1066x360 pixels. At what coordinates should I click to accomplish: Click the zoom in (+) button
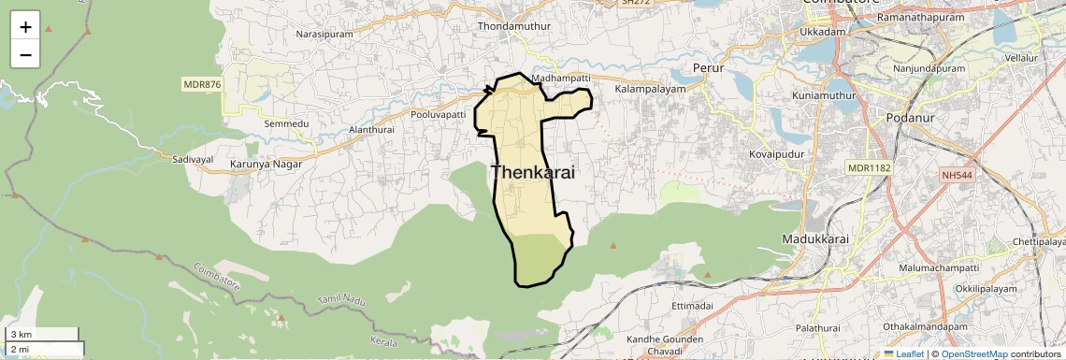(25, 27)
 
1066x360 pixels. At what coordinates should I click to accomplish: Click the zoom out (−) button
(25, 54)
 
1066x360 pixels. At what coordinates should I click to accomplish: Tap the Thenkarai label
(532, 173)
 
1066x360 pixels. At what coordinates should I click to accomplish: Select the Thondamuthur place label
(514, 26)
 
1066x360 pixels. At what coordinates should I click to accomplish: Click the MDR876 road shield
(202, 84)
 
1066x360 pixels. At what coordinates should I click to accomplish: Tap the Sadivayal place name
(194, 160)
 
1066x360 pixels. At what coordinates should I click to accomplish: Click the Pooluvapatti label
(438, 114)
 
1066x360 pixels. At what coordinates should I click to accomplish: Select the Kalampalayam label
(651, 89)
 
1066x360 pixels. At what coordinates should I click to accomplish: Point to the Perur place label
(709, 67)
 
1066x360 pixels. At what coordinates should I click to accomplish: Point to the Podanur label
(874, 101)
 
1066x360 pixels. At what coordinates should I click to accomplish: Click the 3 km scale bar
(42, 334)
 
